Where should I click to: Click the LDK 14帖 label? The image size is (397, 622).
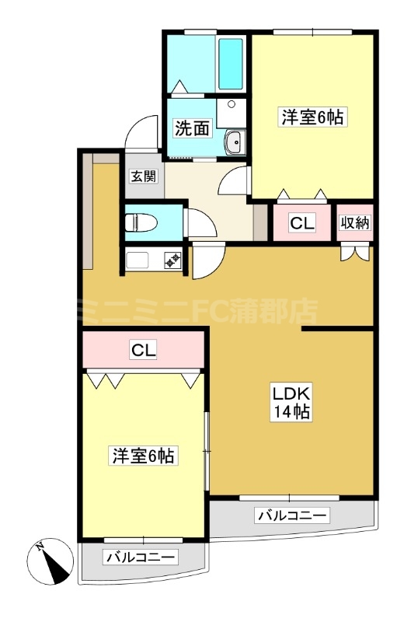click(291, 401)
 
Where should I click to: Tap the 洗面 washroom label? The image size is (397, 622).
click(192, 128)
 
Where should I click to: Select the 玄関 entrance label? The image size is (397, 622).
click(145, 176)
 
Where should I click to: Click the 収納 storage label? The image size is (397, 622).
click(355, 223)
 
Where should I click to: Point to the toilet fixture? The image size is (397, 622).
click(141, 222)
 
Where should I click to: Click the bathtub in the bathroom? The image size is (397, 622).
click(231, 64)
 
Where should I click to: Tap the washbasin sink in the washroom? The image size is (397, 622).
click(235, 142)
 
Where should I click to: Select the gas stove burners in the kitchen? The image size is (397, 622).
click(173, 260)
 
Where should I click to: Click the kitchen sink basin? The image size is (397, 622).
click(137, 260)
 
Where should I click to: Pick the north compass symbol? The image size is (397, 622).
click(50, 561)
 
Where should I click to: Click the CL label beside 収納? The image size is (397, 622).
click(302, 223)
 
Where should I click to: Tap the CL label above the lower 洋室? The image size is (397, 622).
click(144, 350)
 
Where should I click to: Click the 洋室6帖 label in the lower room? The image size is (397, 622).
click(143, 456)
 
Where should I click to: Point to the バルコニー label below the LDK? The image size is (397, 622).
click(292, 515)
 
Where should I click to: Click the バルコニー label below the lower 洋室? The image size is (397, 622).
click(141, 557)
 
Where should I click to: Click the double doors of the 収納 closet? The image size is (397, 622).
click(355, 254)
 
